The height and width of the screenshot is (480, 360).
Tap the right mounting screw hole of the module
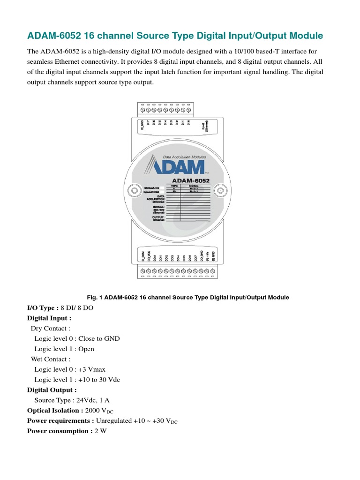tap(219, 190)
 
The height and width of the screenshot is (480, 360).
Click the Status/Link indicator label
tap(154, 187)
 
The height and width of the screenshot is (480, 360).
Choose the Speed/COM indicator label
tap(154, 192)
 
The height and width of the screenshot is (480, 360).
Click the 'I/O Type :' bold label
tap(43, 307)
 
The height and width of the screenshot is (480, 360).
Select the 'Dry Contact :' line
tap(51, 328)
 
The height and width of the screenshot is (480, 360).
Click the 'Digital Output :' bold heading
tap(52, 390)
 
